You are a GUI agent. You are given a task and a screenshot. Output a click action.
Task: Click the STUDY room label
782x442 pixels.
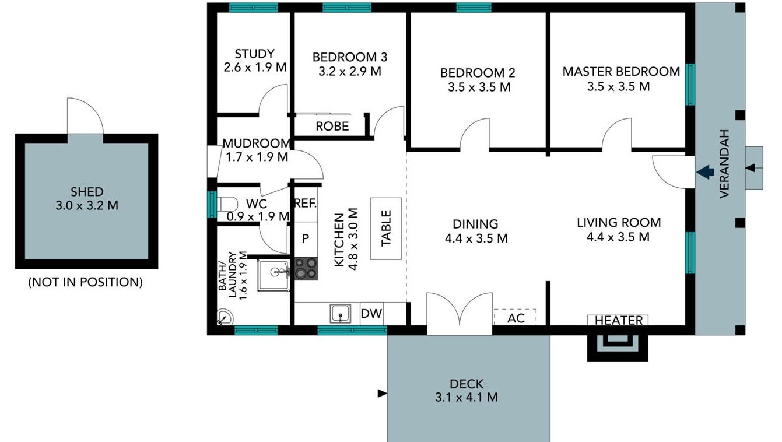(x=254, y=54)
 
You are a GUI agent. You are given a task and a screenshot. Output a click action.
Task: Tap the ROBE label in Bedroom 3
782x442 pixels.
(x=332, y=126)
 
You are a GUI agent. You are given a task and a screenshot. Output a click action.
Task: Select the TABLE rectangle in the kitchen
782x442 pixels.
(x=386, y=229)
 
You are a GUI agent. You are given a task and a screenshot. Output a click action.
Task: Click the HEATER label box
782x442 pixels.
(x=618, y=320)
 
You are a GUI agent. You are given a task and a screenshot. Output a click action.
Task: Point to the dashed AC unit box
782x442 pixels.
(x=515, y=317)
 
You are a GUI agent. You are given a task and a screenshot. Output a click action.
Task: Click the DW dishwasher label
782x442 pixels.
(x=371, y=314)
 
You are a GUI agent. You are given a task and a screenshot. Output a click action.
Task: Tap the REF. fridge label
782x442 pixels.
(x=306, y=203)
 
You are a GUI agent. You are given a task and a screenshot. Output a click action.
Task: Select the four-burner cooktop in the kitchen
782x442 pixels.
(x=306, y=268)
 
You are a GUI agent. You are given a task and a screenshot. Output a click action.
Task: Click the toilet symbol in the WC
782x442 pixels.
(x=227, y=204)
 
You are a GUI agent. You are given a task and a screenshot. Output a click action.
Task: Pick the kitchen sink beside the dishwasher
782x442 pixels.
(x=341, y=314)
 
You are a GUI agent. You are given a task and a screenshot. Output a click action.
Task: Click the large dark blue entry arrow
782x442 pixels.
(x=705, y=172)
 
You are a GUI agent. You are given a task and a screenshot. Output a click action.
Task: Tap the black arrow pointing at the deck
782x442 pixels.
(x=383, y=394)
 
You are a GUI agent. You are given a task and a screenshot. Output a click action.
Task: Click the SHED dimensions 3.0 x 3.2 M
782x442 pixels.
(x=87, y=205)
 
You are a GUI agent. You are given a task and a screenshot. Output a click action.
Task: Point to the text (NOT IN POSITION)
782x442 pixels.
(x=86, y=282)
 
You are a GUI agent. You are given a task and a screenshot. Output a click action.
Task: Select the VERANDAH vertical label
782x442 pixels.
(x=725, y=164)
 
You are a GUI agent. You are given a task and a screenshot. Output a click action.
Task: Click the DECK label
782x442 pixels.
(x=467, y=384)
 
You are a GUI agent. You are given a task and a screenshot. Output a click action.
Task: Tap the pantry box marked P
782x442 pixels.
(x=306, y=239)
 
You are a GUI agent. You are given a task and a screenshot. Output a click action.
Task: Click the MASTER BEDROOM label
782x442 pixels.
(x=621, y=72)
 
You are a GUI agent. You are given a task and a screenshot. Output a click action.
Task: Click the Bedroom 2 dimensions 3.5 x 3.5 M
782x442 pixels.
(x=479, y=87)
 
